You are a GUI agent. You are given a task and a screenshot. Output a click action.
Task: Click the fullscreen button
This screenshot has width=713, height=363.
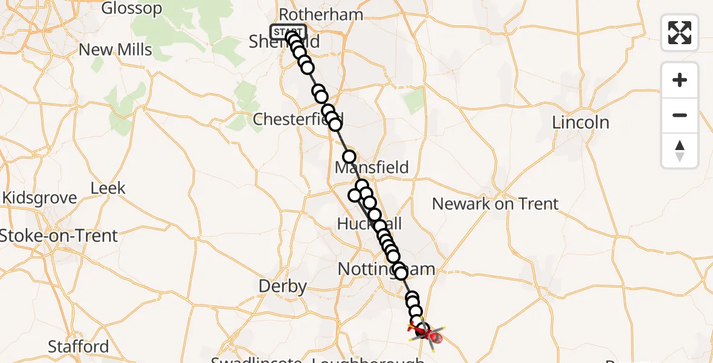click(x=680, y=32)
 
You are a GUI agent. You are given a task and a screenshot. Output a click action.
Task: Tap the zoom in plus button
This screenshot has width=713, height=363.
click(x=680, y=80)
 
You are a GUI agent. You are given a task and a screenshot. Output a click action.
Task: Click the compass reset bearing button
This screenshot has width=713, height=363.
click(x=680, y=151)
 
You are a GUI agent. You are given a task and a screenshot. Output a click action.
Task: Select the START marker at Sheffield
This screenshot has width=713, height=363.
click(x=288, y=31)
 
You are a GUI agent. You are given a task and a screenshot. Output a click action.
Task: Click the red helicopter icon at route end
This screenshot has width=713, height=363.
click(x=425, y=332)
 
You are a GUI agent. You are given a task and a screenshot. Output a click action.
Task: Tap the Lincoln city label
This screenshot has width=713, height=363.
click(x=581, y=122)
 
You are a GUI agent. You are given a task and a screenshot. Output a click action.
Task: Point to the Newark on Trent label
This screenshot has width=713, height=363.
click(x=495, y=203)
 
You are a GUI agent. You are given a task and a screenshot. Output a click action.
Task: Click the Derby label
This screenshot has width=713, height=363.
click(x=283, y=286)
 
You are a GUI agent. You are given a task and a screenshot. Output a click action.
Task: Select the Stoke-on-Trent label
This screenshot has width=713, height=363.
click(x=59, y=235)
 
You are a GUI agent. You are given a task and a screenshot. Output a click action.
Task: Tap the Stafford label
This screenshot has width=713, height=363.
click(x=78, y=347)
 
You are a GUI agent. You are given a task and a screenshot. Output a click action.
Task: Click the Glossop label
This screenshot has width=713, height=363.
click(x=132, y=8)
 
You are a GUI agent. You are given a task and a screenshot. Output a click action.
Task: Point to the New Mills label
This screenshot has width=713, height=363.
click(x=115, y=50)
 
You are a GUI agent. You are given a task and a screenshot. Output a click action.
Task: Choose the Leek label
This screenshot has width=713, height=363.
click(x=108, y=188)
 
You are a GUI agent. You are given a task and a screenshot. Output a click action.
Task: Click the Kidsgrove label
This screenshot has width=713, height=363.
click(x=40, y=198)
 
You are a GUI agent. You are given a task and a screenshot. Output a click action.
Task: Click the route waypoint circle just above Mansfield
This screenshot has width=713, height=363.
click(x=349, y=157)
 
